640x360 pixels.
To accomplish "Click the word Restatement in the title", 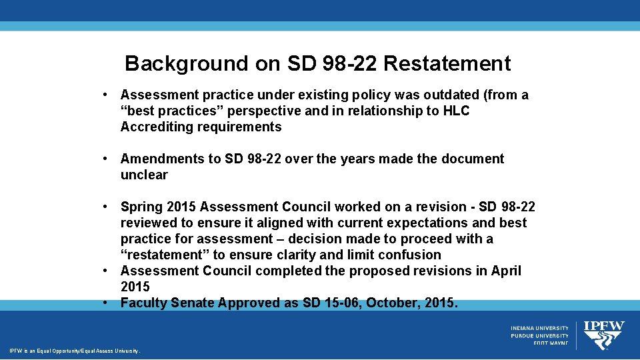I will point(447,63).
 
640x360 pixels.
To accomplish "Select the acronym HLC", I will point(456,111).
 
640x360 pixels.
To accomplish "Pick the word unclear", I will point(144,175).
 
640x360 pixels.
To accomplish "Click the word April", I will point(505,271).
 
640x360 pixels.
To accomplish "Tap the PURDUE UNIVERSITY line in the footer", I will point(540,335).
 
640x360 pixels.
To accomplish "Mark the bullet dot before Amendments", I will point(105,159).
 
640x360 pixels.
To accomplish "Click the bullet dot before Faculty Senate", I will point(105,303).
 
